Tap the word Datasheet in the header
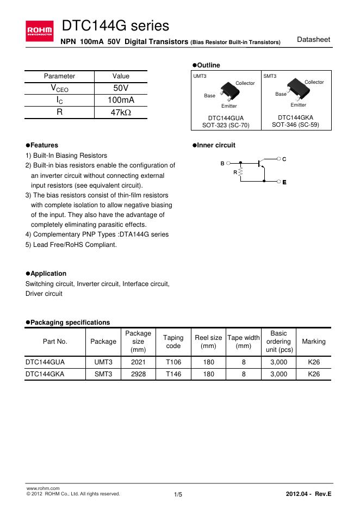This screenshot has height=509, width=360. coord(314,40)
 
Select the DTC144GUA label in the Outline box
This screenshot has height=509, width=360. coord(226,117)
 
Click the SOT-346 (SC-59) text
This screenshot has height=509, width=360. coord(295,125)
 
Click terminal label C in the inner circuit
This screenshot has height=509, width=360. coord(284,158)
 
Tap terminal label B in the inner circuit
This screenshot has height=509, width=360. coord(222,163)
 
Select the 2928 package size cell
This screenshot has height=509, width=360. coord(138,374)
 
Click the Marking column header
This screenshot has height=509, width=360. coord(314,342)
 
